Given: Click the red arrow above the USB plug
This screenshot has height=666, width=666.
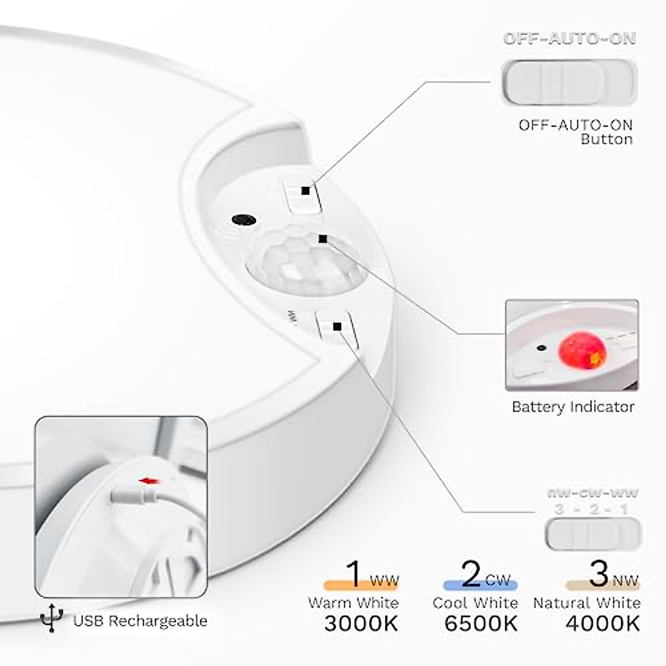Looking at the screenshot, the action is pos(149,481).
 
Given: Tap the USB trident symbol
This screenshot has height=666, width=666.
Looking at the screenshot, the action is pos(52,618).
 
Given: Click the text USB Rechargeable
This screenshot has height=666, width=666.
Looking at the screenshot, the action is pos(140,620).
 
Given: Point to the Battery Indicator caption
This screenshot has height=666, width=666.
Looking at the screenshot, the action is pos(573,407).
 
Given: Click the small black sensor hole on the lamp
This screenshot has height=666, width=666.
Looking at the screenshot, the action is pos(244,220).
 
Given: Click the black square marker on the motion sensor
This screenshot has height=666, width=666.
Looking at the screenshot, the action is pos(323,239).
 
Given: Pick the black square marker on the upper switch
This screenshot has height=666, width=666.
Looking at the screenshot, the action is pos(306,190).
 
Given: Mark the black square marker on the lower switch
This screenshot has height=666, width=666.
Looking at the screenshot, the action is pos(337,326).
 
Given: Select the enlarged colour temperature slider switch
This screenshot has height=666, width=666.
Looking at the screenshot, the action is pos(593,534).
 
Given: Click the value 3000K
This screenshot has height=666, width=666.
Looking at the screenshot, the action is pos(361,623).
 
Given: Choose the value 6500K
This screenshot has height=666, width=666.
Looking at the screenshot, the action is pos(481,623).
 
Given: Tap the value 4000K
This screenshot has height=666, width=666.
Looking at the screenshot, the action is pos(603,623).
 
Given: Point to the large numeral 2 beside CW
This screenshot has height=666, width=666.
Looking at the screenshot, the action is pos(471,574).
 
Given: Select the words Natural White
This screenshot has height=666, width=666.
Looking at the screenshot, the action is pos(587,603).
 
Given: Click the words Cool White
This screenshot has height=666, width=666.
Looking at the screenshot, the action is pos(475,603).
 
